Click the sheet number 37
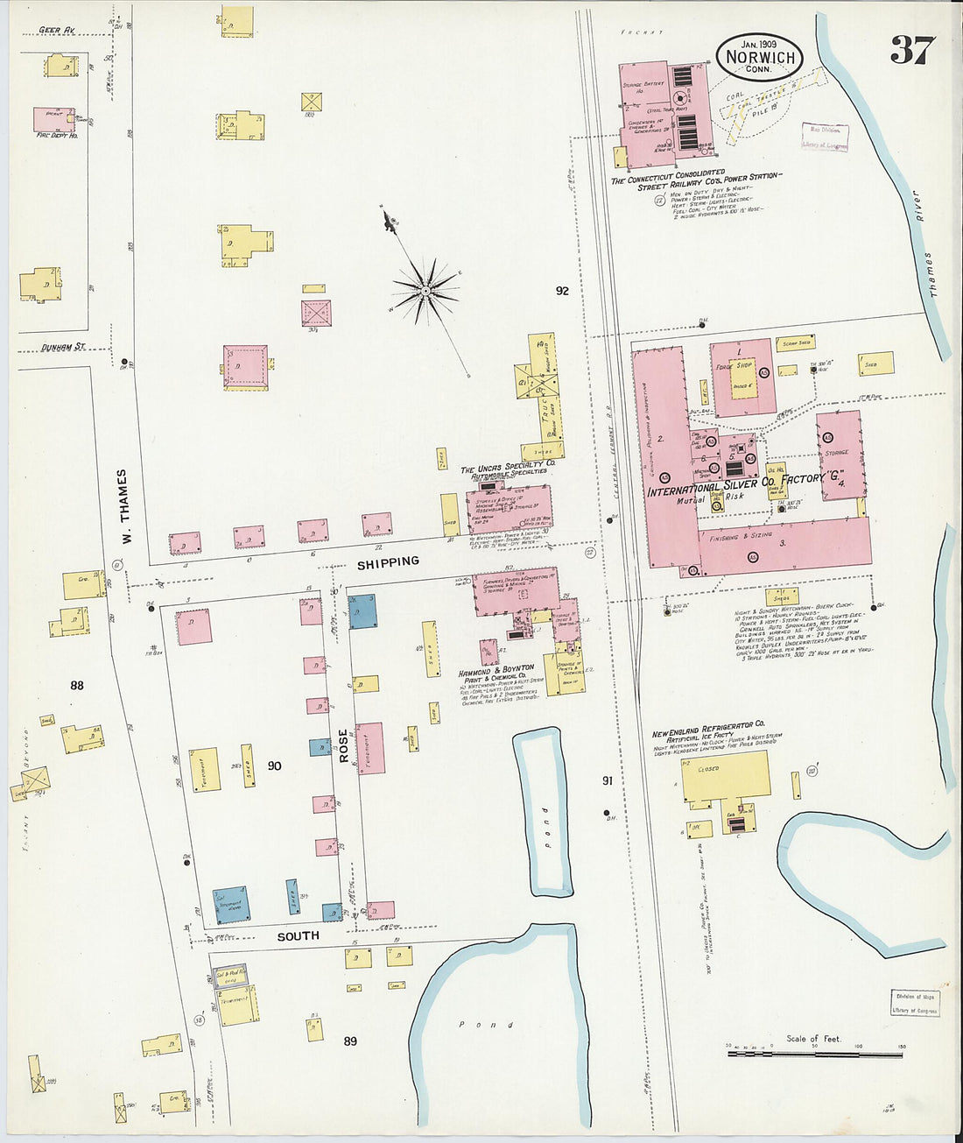912,51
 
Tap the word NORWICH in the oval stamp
759,58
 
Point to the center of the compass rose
425,288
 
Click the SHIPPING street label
388,562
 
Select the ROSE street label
344,744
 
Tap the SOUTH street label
299,936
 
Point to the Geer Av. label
57,31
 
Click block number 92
562,291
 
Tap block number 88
77,686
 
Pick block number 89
350,1041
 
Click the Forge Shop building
742,377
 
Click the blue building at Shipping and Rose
363,610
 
